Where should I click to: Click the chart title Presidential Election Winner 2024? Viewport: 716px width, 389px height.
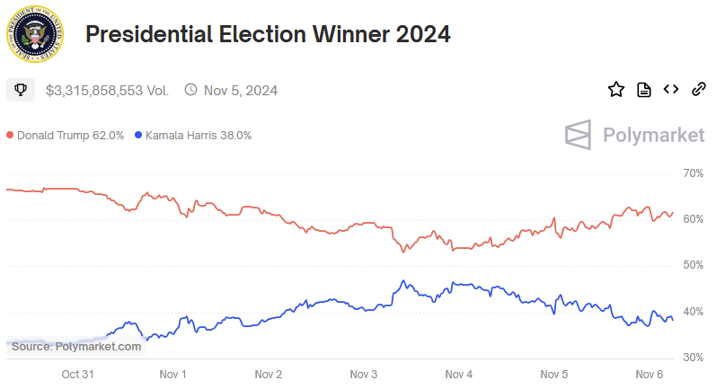point(267,35)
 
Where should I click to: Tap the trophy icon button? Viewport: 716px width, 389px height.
point(20,90)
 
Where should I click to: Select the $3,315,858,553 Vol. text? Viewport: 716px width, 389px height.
point(107,90)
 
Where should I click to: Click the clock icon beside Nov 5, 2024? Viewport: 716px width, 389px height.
point(190,90)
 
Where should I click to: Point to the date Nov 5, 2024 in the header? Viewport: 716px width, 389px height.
point(240,90)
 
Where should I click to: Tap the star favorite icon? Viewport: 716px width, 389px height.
point(615,89)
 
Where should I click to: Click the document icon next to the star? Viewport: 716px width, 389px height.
point(643,89)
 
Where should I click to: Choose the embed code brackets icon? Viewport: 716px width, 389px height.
point(670,89)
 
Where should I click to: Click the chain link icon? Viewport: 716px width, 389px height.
point(698,89)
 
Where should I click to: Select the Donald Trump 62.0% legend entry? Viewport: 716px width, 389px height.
point(65,136)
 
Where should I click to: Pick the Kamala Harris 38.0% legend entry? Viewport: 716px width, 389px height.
point(193,136)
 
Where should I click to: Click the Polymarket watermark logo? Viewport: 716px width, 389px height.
point(634,136)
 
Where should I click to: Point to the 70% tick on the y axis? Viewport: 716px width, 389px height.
point(693,172)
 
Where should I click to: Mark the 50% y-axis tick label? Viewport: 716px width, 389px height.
point(693,265)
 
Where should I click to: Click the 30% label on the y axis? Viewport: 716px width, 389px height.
point(693,358)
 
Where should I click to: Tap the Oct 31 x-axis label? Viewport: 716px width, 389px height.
point(77,374)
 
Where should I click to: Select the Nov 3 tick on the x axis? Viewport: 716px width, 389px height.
point(364,374)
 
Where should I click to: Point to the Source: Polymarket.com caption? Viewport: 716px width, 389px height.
point(76,346)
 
